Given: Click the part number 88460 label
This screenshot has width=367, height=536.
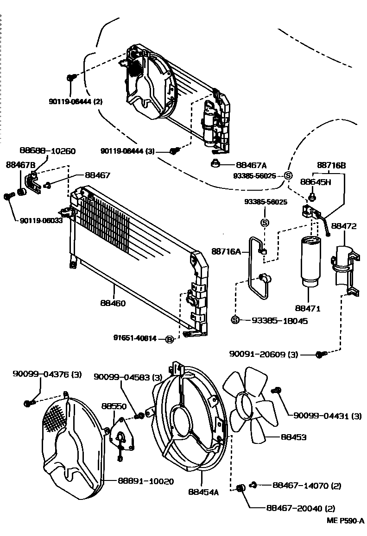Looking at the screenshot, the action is coord(113,303).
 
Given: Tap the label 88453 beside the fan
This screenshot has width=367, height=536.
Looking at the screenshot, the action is coord(294,437).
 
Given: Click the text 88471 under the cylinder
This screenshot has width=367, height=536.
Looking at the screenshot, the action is coord(308,308).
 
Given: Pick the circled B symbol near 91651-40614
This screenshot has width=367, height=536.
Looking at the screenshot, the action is coord(170,339).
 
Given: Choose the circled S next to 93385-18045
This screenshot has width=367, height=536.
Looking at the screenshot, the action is coord(235,320).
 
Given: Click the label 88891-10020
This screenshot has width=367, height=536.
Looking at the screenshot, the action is coord(146,481).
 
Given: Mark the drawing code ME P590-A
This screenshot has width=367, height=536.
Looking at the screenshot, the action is coord(345,521).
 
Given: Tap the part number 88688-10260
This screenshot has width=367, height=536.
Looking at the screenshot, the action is coord(48,151).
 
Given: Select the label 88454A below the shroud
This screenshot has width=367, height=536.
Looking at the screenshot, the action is coord(203,492).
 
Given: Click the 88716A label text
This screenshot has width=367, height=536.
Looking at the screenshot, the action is coord(227,252).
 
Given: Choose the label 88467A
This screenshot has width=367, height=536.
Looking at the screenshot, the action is coord(251,165).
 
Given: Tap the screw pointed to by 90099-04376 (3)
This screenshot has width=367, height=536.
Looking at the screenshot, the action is coord(30,403).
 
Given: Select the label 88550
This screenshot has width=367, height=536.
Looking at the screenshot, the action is coord(114,406).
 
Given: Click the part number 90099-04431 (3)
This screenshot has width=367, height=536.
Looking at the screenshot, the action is coord(327,416).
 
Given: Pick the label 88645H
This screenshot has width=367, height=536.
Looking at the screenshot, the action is coord(316,182).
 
